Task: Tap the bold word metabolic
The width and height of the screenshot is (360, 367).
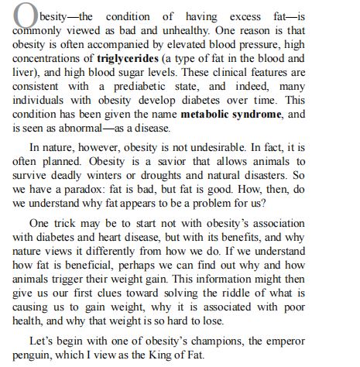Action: (x=212, y=115)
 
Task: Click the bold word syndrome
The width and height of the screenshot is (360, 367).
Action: (x=270, y=115)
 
